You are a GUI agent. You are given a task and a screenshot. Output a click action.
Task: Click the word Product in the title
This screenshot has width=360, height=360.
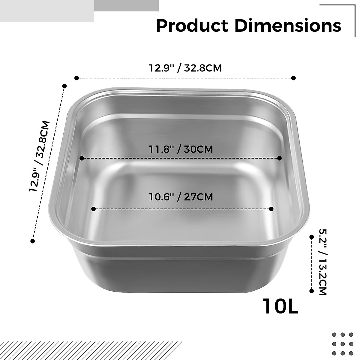point(192,26)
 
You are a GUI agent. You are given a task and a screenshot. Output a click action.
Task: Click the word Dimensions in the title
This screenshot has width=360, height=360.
point(288,26)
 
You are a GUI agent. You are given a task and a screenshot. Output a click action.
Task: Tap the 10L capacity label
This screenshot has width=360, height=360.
point(281,306)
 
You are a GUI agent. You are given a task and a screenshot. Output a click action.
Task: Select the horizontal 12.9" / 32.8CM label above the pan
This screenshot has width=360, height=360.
point(185,68)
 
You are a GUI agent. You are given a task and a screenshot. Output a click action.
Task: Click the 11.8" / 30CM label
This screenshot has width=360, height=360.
point(181,149)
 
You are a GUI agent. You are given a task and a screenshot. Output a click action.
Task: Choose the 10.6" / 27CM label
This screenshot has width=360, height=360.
point(181,197)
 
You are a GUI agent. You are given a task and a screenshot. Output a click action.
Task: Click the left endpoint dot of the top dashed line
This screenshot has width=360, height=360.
point(76,78)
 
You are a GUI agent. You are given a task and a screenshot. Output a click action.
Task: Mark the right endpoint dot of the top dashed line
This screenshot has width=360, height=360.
point(294,78)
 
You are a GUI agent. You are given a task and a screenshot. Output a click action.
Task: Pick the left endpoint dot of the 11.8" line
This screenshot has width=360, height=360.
point(81,158)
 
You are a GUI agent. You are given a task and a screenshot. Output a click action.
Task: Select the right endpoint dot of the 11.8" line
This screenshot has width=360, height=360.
point(280,158)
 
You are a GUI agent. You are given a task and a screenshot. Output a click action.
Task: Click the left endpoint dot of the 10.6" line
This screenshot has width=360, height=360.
point(93,209)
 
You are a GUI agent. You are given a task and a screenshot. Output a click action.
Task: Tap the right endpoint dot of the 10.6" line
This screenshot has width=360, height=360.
point(271,209)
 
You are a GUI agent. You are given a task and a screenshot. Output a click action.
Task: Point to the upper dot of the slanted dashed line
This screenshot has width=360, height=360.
point(64,86)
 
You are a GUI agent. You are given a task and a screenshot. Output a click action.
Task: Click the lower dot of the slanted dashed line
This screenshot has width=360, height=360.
point(33,241)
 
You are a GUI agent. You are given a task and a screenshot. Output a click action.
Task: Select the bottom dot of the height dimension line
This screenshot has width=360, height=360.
point(311,291)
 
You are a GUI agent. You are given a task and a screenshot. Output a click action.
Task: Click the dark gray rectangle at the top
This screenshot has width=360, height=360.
point(126,5)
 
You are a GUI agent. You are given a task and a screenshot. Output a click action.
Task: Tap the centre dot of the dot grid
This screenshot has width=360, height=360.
point(343,344)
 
